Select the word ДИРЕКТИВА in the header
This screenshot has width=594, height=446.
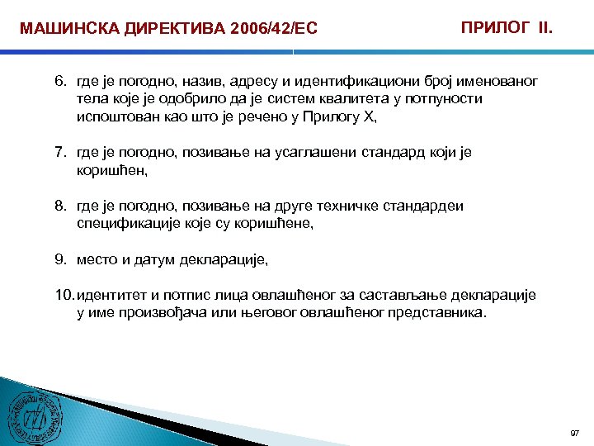(x=157, y=30)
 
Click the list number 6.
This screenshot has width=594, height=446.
(x=60, y=82)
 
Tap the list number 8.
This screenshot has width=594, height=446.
(x=60, y=206)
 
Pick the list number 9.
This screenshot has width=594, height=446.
(x=60, y=259)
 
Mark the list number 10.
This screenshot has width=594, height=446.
(x=64, y=295)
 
